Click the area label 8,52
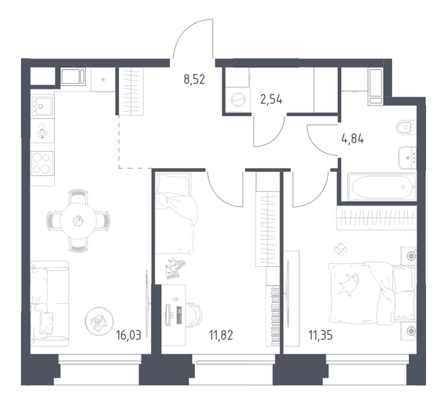(x=194, y=79)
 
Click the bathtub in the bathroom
(x=381, y=187)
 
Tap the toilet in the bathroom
(x=404, y=129)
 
